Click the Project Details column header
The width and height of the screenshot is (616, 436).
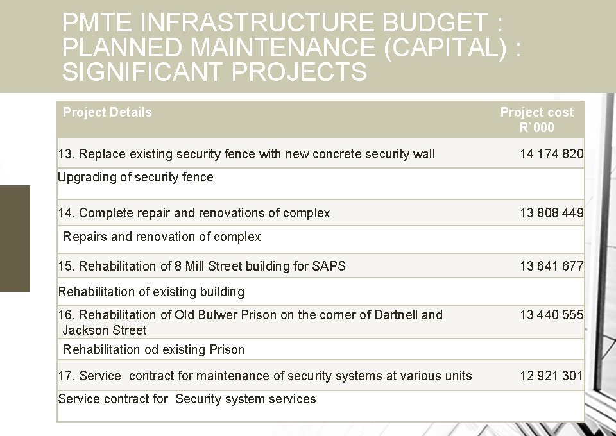tap(107, 113)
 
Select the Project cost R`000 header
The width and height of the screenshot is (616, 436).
tap(536, 120)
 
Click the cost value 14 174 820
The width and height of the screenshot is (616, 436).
tap(551, 154)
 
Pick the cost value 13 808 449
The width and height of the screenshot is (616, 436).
tap(551, 213)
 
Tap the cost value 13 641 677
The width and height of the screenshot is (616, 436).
tap(551, 266)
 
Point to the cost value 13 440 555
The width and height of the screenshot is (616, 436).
tap(551, 315)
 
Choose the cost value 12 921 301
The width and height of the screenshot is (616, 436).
tap(551, 376)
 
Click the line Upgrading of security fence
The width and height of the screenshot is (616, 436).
tap(135, 178)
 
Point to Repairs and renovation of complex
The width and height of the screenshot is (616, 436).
tap(162, 237)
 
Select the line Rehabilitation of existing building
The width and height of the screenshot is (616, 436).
tap(151, 292)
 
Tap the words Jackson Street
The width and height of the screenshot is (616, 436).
tap(105, 331)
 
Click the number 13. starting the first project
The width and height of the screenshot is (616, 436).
tap(66, 155)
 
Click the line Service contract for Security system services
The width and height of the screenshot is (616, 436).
tap(187, 399)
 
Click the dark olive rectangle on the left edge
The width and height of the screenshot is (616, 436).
tap(15, 239)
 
